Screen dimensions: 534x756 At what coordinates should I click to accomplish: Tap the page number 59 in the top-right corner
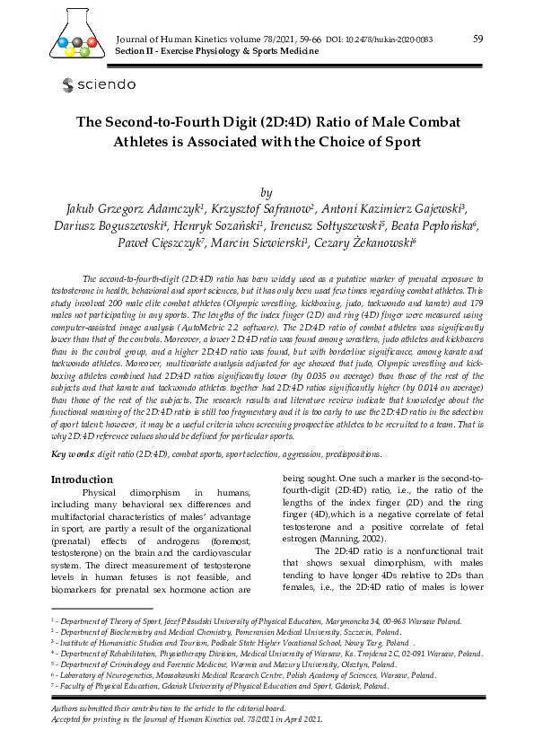(477, 39)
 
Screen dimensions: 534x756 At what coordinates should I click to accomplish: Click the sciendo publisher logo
(99, 84)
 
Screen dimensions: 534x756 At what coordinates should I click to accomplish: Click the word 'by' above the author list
(266, 192)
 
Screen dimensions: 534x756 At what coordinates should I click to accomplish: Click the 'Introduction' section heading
(82, 479)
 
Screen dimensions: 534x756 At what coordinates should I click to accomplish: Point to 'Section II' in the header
(138, 52)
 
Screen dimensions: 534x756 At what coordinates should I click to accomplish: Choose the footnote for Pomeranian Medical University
(236, 631)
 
